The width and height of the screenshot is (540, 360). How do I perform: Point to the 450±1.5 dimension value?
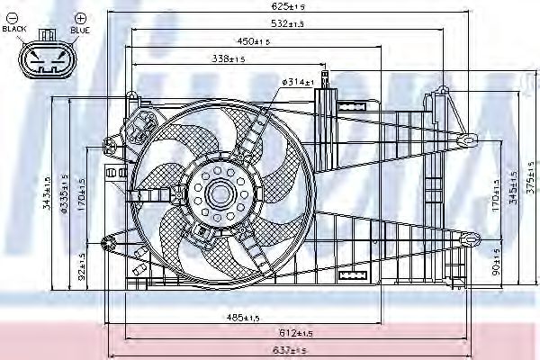pos(254,42)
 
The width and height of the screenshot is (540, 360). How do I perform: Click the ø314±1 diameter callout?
pos(297,82)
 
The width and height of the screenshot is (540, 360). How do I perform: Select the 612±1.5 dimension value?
pos(292,334)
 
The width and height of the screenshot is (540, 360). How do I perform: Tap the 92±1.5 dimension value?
pos(81,267)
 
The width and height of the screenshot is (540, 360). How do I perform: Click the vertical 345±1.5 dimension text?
pos(512,192)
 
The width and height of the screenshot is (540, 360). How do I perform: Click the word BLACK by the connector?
pos(14,29)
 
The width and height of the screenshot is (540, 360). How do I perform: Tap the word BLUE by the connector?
pos(80,29)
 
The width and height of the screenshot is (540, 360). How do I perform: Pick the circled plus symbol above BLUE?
pos(80,17)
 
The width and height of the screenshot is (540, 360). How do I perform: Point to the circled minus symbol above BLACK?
pos(13,17)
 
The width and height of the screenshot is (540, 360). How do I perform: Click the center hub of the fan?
pos(219,192)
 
